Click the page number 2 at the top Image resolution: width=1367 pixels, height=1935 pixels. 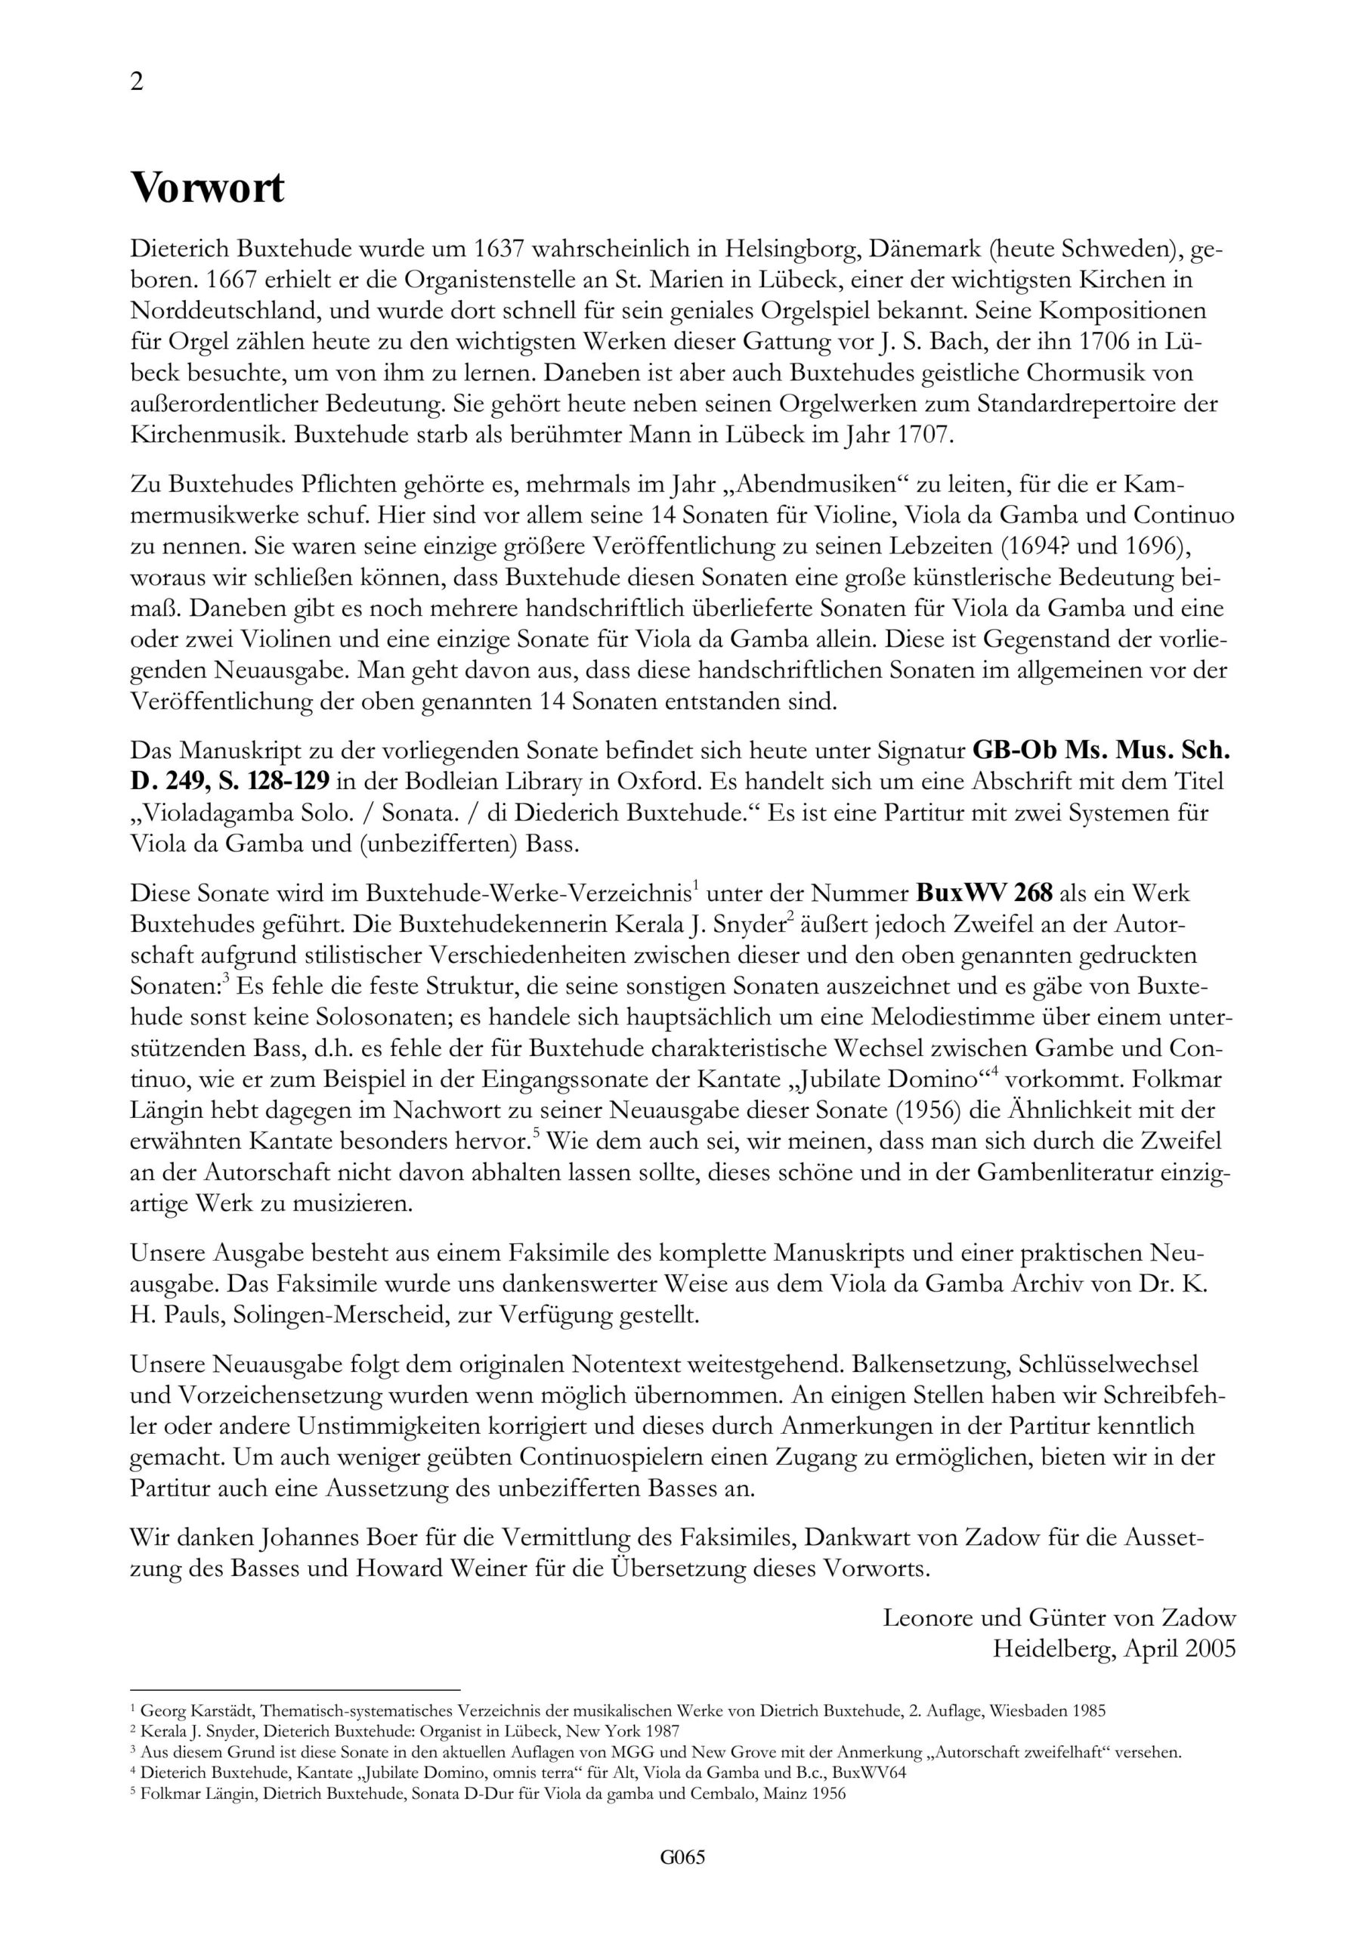[x=137, y=82]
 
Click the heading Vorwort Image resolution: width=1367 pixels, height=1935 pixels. [x=207, y=187]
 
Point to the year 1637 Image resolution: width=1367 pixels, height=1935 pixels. [x=499, y=249]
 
